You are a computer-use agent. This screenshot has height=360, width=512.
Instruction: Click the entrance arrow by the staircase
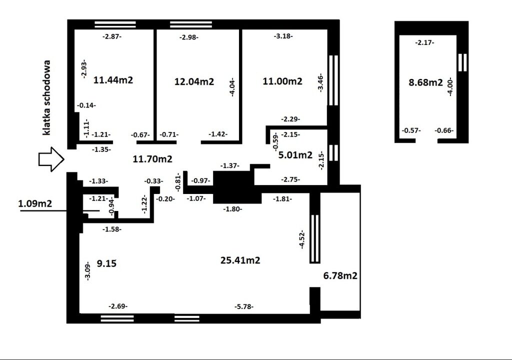pos(51,159)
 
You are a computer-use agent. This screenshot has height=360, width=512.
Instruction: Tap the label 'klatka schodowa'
pos(47,97)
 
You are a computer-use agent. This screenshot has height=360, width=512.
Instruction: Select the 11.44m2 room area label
pos(113,80)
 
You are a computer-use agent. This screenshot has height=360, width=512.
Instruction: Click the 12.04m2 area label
pos(194,81)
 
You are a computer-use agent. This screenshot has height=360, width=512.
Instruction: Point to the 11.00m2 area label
pos(282,81)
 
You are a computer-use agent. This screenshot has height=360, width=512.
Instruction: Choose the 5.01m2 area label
pos(295,155)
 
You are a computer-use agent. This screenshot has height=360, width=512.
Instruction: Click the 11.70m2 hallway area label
pos(152,159)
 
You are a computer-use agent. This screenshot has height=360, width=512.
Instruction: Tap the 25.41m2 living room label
pos(240,260)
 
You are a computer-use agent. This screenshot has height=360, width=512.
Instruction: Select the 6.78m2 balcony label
pos(340,275)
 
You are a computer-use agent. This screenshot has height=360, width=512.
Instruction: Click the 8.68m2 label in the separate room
pos(426,82)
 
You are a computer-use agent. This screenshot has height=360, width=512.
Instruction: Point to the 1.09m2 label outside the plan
pos(35,203)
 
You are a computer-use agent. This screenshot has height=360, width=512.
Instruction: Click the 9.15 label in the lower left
pos(107,263)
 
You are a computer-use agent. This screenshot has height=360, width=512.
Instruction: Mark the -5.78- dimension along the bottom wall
pos(244,307)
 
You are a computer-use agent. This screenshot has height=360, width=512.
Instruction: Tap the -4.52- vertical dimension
pos(302,239)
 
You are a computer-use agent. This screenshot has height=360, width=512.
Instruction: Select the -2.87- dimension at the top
pos(112,36)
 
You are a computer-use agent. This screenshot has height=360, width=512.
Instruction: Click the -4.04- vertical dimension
pos(232,87)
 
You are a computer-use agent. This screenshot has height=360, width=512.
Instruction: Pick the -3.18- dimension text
pos(283,36)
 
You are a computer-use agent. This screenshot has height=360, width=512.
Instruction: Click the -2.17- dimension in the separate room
pos(424,42)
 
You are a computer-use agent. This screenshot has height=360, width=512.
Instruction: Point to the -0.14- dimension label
pos(86,105)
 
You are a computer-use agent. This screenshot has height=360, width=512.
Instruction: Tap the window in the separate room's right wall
pos(462,62)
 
